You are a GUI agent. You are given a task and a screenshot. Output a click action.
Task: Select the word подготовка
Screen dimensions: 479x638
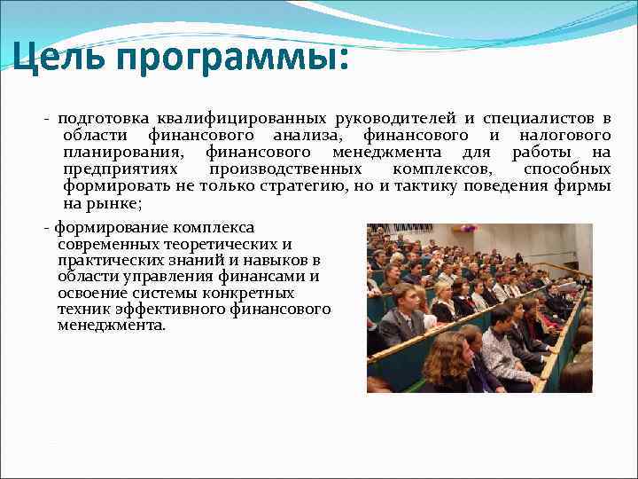click(105, 118)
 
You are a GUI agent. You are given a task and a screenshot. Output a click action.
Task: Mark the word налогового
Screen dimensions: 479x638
click(564, 135)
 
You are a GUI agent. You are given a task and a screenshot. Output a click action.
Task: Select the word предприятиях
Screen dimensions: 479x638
click(120, 169)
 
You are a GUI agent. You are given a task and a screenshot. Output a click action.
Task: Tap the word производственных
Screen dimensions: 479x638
click(285, 169)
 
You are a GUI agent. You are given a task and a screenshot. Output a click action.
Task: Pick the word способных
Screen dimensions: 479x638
click(566, 169)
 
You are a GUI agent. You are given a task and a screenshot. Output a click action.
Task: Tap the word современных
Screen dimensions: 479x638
click(111, 244)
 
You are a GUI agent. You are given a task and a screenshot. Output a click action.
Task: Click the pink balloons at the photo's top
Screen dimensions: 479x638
click(467, 228)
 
